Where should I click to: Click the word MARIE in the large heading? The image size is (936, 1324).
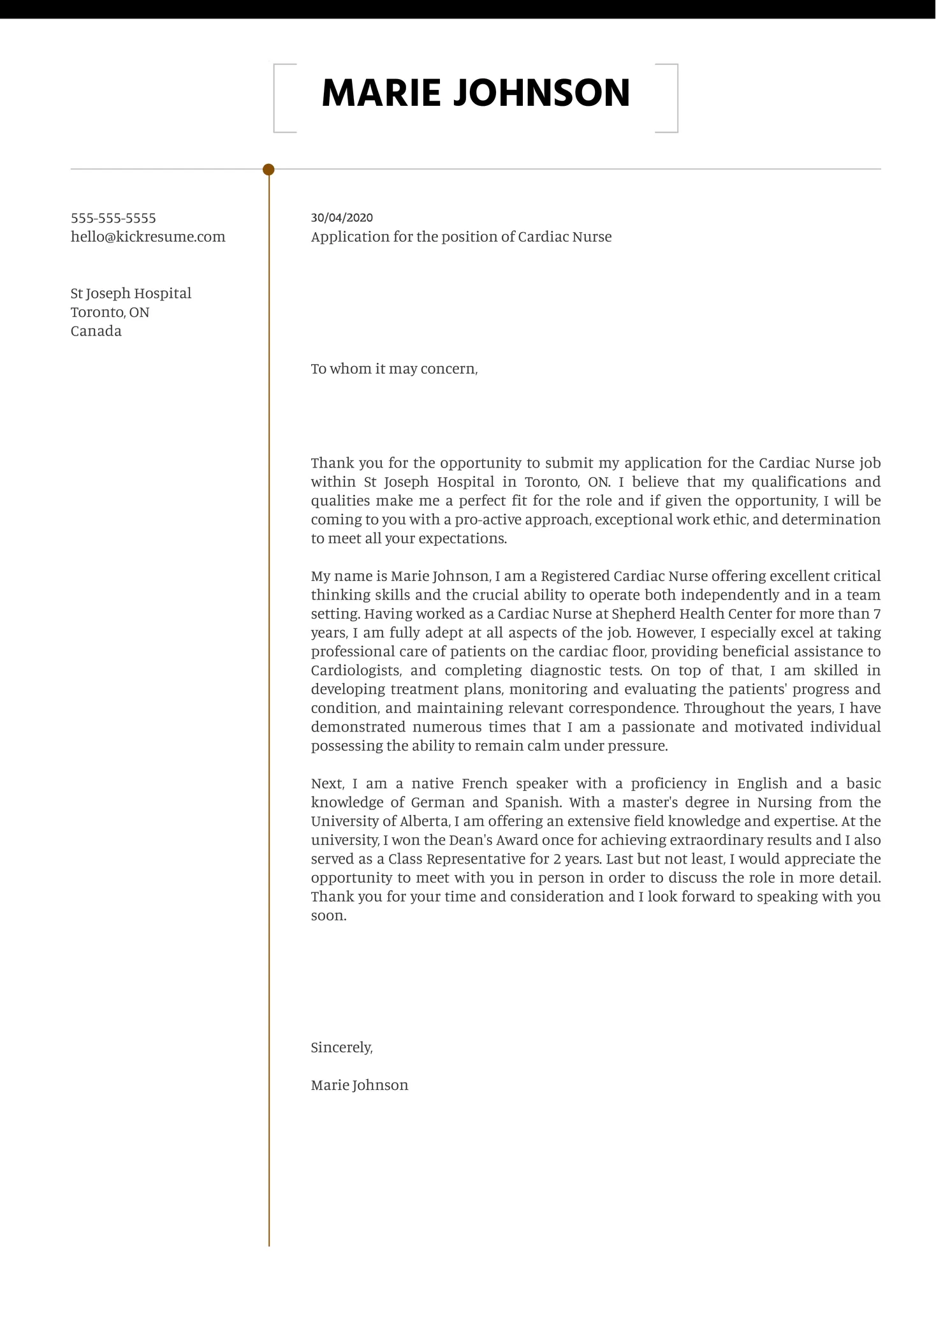pyautogui.click(x=381, y=93)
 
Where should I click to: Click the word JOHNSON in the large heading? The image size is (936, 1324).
pyautogui.click(x=541, y=93)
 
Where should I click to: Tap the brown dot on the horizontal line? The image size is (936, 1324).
pyautogui.click(x=268, y=170)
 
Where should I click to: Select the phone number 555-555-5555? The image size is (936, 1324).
pyautogui.click(x=113, y=218)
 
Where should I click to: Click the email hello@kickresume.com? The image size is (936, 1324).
pyautogui.click(x=148, y=237)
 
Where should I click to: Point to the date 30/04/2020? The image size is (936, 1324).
pyautogui.click(x=342, y=217)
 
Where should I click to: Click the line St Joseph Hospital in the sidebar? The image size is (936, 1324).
pyautogui.click(x=131, y=293)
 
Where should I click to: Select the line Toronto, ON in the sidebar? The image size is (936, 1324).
pyautogui.click(x=110, y=312)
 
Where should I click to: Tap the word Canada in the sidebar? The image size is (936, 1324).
pyautogui.click(x=96, y=331)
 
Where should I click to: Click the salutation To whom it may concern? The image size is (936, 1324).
pyautogui.click(x=394, y=369)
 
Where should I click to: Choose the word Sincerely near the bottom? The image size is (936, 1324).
pyautogui.click(x=341, y=1047)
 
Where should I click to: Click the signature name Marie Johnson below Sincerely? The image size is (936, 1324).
pyautogui.click(x=359, y=1085)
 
